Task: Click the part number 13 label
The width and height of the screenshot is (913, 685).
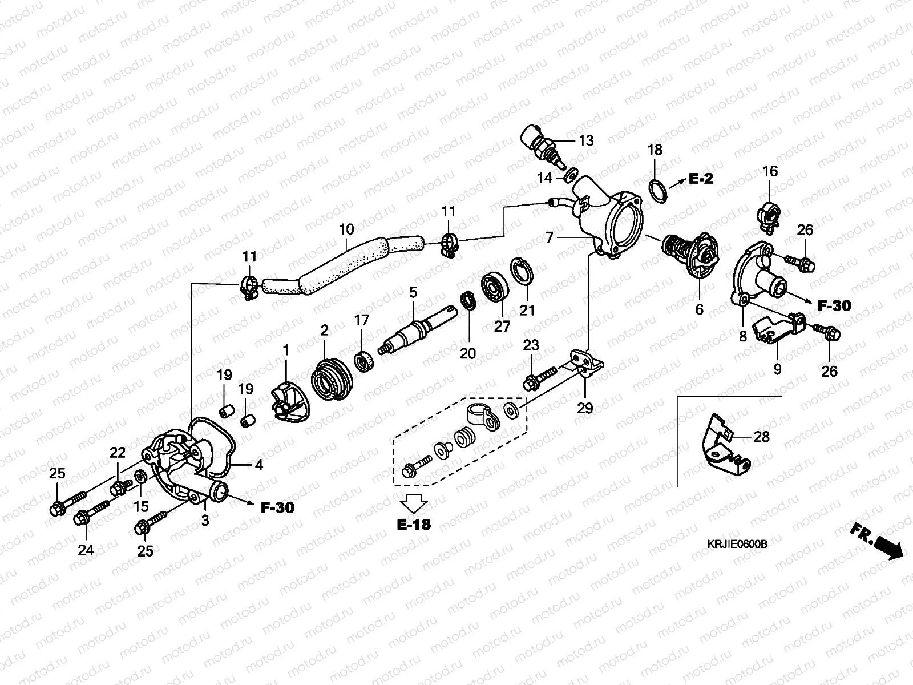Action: click(x=586, y=140)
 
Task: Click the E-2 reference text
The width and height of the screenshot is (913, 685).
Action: click(x=701, y=179)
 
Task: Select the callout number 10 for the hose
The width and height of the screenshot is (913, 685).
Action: click(x=346, y=230)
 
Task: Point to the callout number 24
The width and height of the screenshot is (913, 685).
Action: click(x=86, y=550)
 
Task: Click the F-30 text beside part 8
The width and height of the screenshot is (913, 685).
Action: click(x=834, y=306)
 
